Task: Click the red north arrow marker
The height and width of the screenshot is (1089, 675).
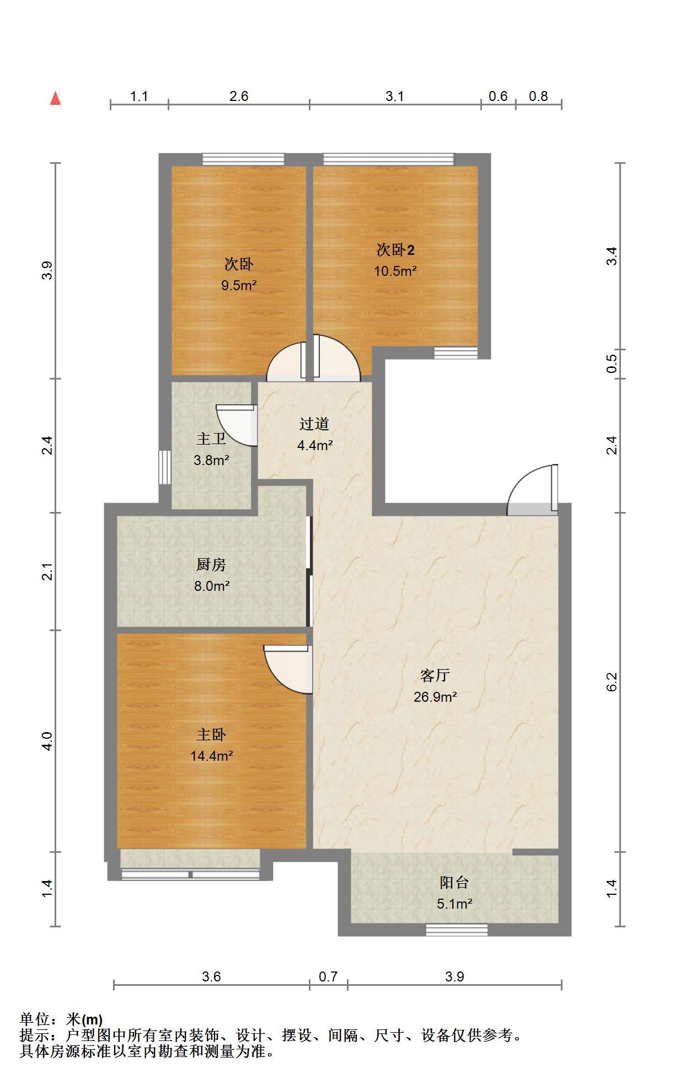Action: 55,98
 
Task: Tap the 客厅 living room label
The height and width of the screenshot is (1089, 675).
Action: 435,675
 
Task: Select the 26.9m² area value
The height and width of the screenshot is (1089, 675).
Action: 435,697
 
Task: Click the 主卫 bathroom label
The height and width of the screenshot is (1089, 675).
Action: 211,439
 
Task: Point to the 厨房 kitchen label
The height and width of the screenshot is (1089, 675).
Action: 211,564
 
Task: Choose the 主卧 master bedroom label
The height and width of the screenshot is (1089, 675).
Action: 212,734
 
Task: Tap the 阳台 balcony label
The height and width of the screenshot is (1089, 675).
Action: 454,882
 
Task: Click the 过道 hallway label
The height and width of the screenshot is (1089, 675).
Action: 314,424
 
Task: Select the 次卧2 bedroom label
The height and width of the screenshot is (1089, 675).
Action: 395,250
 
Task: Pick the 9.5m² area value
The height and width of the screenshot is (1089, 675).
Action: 239,286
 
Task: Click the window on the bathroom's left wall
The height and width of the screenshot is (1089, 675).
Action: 165,467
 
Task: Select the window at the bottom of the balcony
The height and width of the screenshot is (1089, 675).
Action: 457,930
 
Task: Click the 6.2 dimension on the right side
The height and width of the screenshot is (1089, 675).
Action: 612,682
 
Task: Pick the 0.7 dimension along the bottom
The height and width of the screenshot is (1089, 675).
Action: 328,976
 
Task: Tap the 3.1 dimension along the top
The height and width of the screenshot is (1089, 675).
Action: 395,97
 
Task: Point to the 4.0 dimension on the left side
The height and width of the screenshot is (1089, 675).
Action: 47,741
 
